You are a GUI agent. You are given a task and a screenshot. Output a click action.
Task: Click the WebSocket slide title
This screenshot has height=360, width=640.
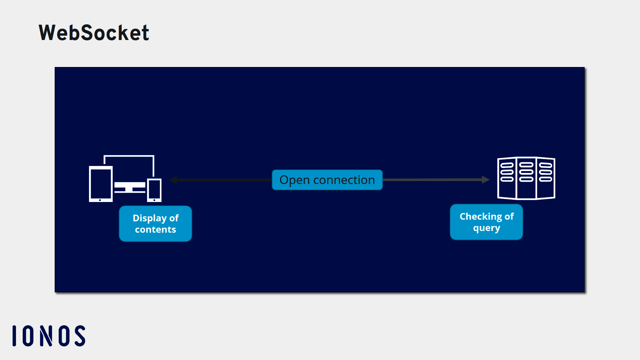click(94, 33)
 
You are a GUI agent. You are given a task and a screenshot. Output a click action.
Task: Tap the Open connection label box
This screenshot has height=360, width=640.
click(327, 180)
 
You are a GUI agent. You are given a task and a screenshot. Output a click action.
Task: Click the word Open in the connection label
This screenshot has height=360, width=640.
click(294, 180)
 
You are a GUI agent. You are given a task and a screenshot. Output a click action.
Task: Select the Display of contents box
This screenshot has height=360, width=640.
click(155, 223)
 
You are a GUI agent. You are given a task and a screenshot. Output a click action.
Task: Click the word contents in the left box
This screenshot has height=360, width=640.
click(155, 229)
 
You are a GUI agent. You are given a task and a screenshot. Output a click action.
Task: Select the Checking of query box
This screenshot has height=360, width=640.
click(486, 222)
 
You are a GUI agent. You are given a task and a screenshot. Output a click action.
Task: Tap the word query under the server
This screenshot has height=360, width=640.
click(486, 228)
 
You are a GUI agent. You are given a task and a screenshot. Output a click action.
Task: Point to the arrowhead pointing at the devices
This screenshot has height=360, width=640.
click(173, 180)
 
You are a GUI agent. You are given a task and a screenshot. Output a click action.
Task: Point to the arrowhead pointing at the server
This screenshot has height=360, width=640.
click(486, 180)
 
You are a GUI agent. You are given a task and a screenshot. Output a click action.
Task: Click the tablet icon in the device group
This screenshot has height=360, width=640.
click(101, 184)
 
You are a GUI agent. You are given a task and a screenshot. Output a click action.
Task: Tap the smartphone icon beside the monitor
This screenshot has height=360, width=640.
click(154, 190)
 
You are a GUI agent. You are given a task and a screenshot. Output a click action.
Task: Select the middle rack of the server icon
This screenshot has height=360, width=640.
click(526, 178)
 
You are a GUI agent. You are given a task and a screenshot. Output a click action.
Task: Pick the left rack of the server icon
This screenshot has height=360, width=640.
click(507, 178)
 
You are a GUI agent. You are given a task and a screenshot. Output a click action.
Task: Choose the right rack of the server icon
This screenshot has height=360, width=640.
click(546, 178)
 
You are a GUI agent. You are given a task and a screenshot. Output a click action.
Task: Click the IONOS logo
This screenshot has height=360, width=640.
click(49, 336)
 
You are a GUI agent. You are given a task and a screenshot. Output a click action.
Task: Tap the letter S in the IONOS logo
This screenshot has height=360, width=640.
click(80, 336)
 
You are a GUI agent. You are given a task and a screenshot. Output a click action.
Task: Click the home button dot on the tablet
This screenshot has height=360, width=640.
click(100, 200)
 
